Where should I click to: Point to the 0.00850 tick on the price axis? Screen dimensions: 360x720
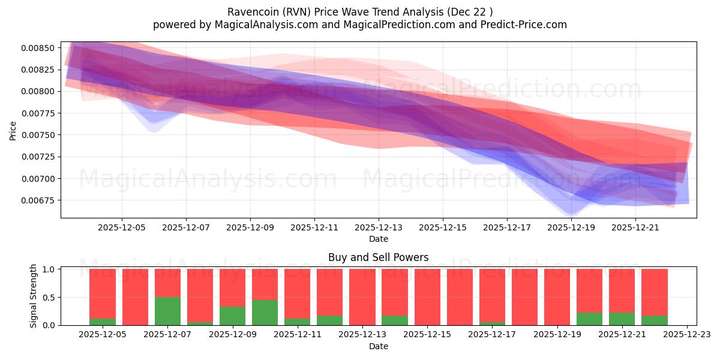pyautogui.click(x=40, y=48)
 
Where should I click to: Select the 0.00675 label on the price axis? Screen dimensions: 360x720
pyautogui.click(x=40, y=200)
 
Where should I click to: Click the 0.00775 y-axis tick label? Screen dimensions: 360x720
pyautogui.click(x=40, y=113)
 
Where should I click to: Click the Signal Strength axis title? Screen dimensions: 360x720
pyautogui.click(x=34, y=296)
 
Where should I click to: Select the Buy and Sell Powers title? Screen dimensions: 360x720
pyautogui.click(x=378, y=257)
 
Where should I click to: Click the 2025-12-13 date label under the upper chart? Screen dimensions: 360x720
pyautogui.click(x=378, y=228)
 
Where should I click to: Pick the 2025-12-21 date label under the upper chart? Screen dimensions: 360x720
pyautogui.click(x=635, y=228)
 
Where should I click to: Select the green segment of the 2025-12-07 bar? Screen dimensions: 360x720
pyautogui.click(x=167, y=311)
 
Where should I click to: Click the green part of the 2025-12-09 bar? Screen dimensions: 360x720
pyautogui.click(x=232, y=316)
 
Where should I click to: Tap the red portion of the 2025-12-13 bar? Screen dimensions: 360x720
pyautogui.click(x=362, y=296)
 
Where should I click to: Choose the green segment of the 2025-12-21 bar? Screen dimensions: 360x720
pyautogui.click(x=622, y=319)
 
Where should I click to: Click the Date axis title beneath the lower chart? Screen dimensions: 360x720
pyautogui.click(x=378, y=346)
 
